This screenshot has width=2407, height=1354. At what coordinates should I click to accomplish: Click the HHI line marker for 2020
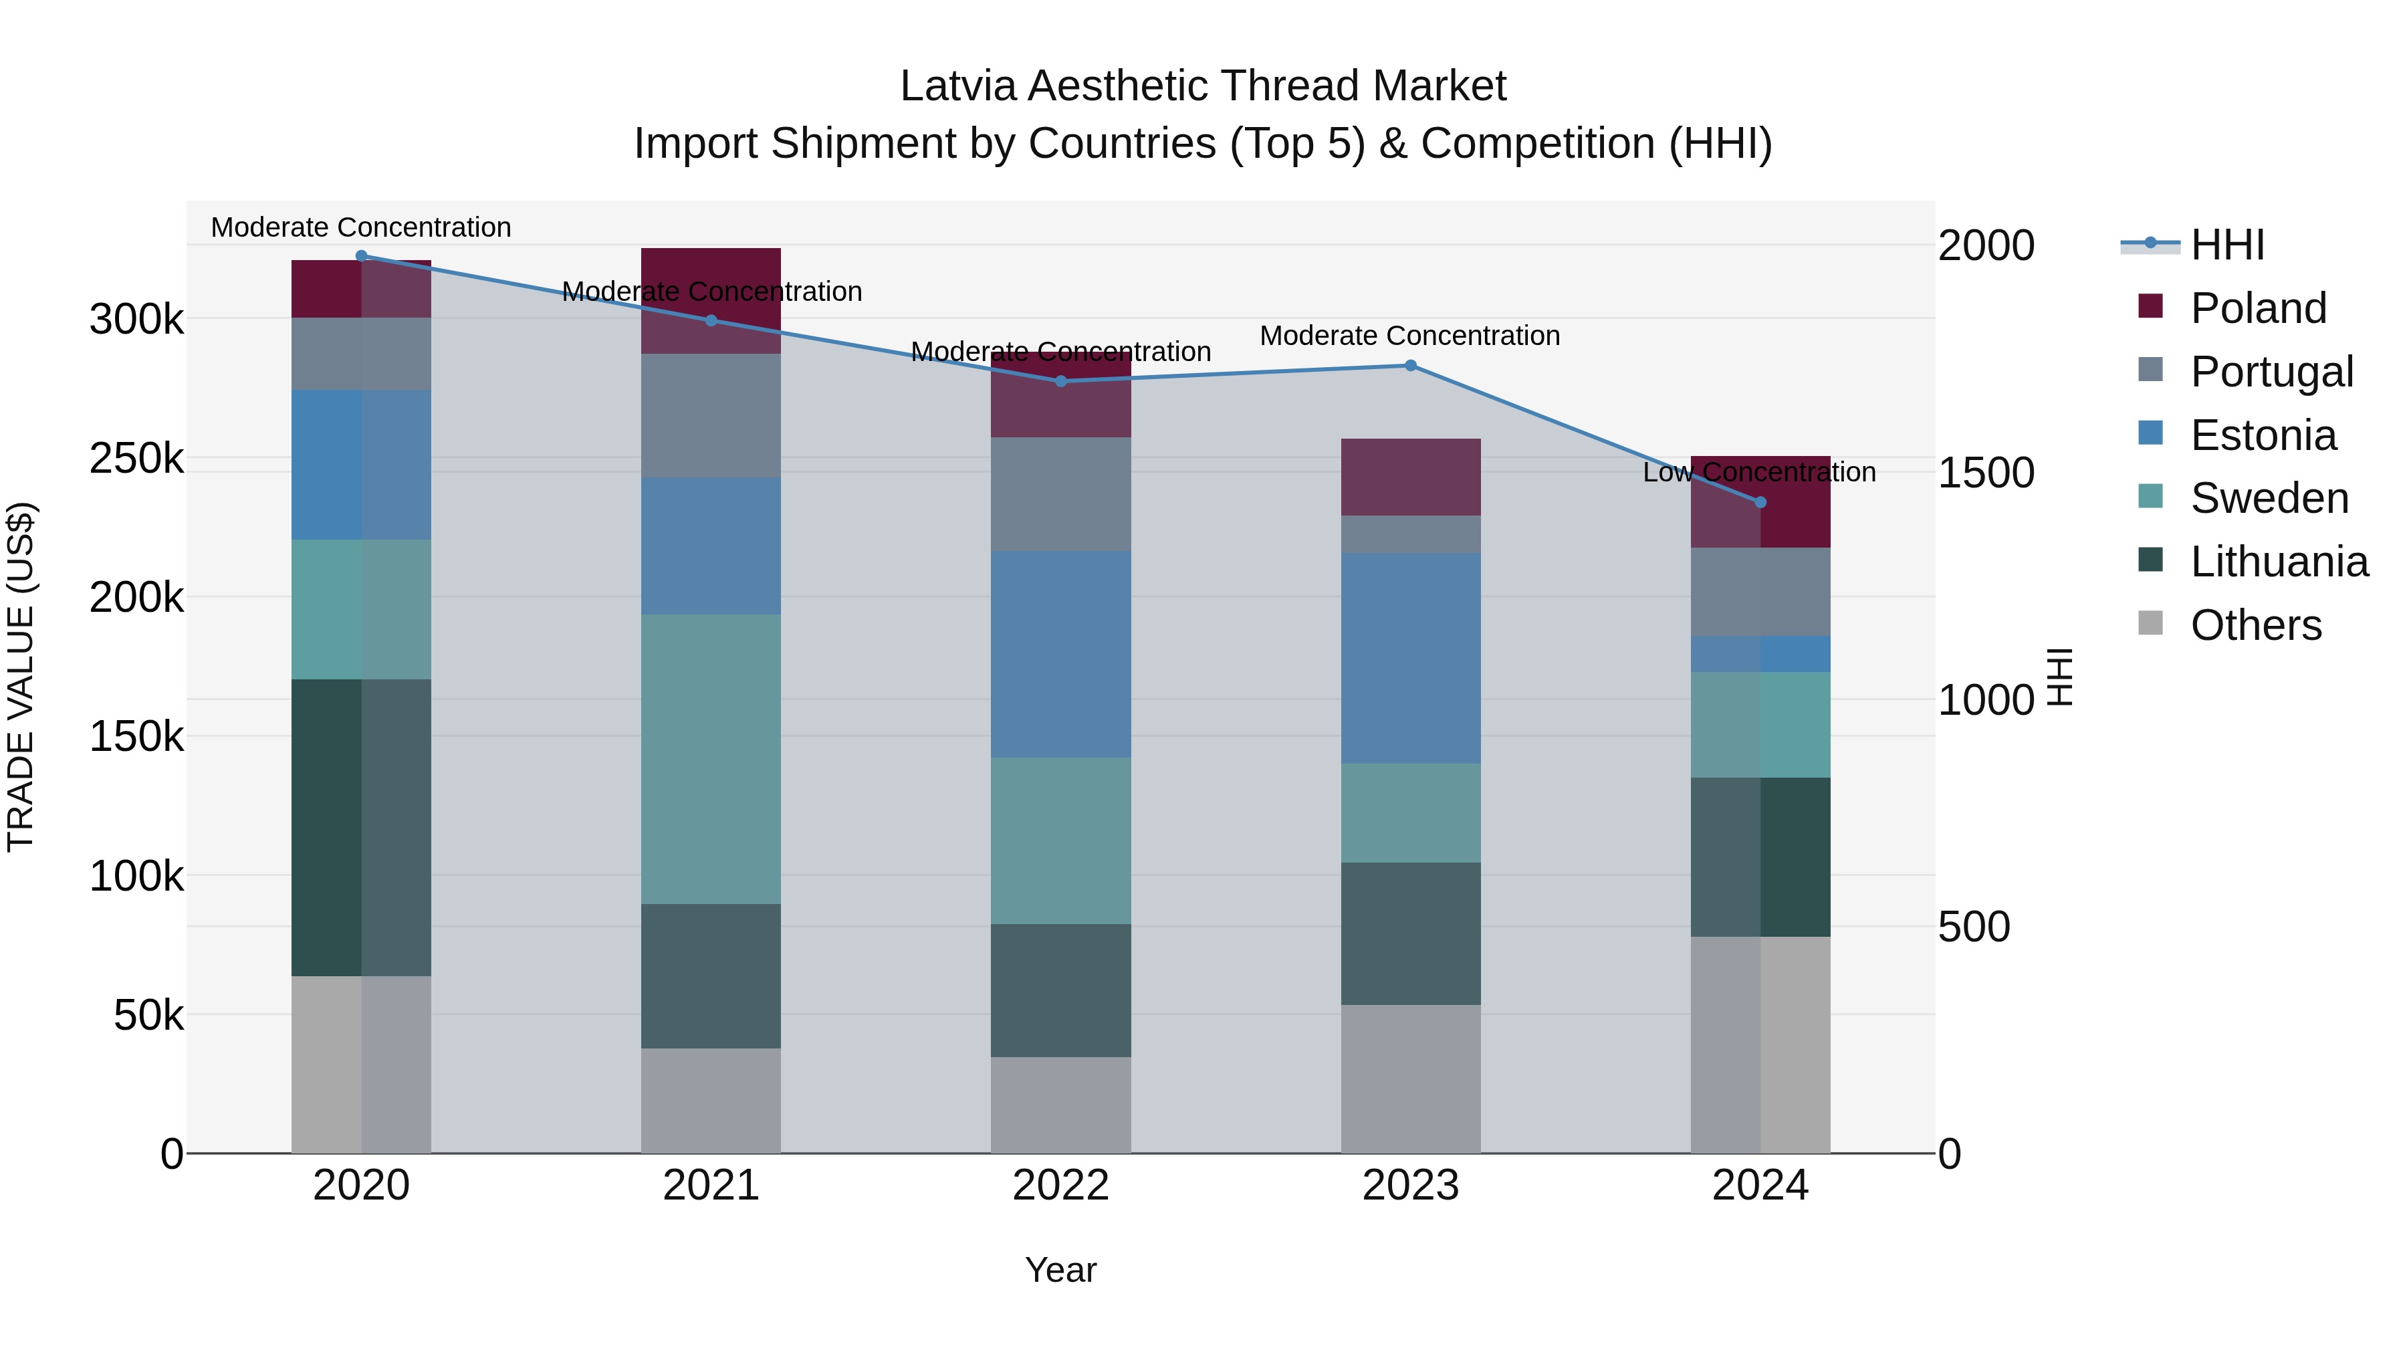362,255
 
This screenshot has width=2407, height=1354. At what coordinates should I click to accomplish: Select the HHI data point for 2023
1410,365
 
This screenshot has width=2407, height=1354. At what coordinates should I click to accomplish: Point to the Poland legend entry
2257,308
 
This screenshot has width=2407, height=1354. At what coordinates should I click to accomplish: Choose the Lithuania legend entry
2278,562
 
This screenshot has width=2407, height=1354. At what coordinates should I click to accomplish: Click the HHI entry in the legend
2226,245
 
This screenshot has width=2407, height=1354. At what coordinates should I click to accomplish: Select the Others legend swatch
2150,623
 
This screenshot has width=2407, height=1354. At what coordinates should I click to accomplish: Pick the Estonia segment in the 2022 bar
1060,653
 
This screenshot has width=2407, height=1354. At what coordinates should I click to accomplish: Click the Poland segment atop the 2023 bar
1410,477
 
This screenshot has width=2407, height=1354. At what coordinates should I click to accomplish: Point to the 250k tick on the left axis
136,459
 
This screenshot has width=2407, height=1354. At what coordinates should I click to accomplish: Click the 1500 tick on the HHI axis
1986,473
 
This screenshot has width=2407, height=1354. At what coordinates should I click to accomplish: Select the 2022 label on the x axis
1060,1186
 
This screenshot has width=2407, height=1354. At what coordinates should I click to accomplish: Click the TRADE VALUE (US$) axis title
21,677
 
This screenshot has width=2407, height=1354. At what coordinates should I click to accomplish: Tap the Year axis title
1060,1270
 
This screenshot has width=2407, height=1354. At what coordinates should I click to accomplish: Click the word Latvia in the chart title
957,86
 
